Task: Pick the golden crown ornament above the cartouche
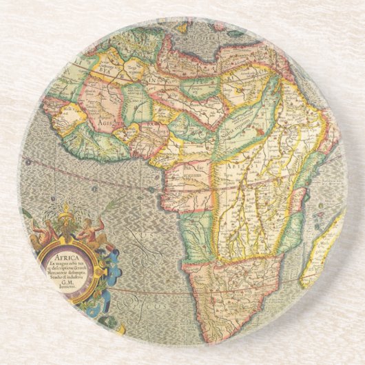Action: click(x=65, y=218)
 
